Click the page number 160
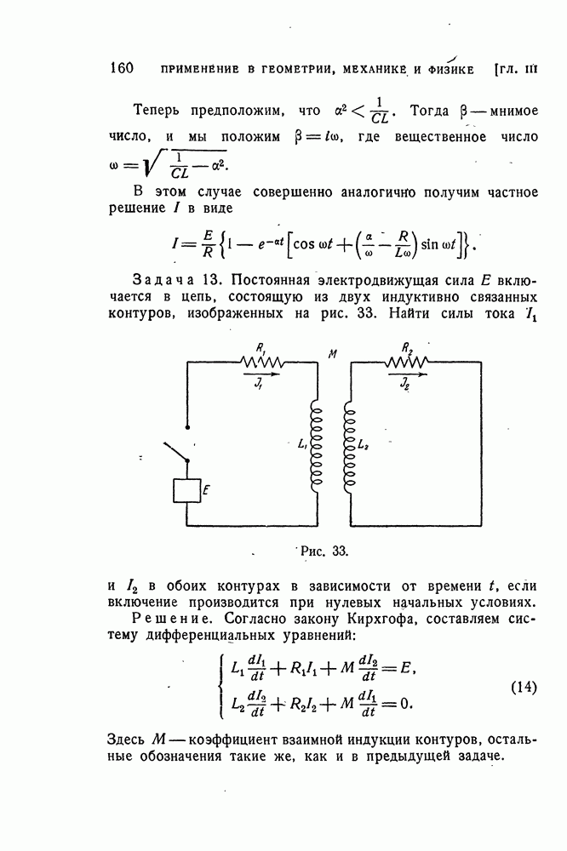tap(121, 68)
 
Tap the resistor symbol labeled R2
tap(406, 361)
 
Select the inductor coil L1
tap(316, 446)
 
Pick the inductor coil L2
tap(349, 446)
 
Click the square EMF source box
tap(186, 491)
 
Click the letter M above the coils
tap(332, 354)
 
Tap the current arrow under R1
tap(262, 374)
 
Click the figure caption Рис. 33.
tap(324, 551)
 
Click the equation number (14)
tap(524, 687)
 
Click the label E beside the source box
tap(206, 491)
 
